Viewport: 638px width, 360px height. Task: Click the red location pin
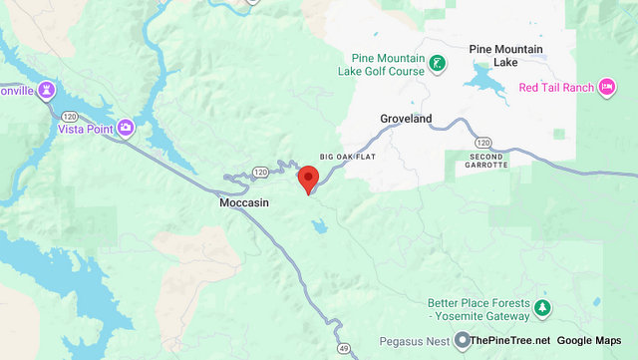click(308, 180)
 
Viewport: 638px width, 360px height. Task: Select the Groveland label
click(406, 119)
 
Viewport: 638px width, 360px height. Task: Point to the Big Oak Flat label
click(349, 157)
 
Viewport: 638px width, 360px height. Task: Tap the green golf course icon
click(438, 66)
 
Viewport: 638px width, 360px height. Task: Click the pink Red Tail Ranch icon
click(606, 88)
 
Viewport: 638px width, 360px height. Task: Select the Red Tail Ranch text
click(556, 88)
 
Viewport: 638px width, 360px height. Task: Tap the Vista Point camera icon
click(126, 127)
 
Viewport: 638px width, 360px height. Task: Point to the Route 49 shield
click(344, 348)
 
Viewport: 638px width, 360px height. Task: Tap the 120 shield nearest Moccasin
click(260, 172)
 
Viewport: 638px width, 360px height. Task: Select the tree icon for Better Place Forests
click(542, 307)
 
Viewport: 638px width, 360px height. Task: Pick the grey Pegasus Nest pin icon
click(462, 341)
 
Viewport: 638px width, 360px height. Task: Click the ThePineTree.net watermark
click(509, 341)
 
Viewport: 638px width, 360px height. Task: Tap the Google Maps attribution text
click(589, 341)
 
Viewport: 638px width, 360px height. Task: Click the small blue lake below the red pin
click(318, 227)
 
